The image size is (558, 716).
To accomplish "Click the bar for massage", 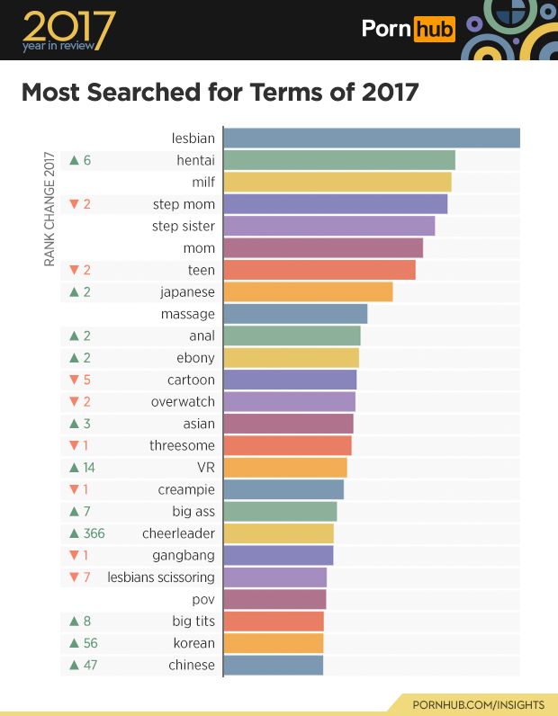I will click(x=295, y=314).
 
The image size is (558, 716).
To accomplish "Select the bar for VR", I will click(x=284, y=468).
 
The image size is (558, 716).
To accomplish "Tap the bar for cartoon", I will click(x=290, y=380).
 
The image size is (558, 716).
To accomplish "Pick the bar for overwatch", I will click(x=289, y=402).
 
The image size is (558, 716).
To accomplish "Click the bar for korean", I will click(x=273, y=643).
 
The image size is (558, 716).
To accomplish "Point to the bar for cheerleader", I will click(x=278, y=533).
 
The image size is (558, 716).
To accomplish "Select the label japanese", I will click(x=187, y=292).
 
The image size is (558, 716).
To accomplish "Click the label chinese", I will click(x=191, y=666).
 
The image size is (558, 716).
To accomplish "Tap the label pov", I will click(x=203, y=599).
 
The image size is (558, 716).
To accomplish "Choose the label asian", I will click(x=199, y=424).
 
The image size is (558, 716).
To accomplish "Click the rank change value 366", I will click(x=94, y=533).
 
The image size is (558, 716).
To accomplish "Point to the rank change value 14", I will click(x=89, y=468).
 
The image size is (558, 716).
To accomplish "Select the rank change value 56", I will click(x=89, y=643).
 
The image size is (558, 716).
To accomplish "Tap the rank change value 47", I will click(x=89, y=666).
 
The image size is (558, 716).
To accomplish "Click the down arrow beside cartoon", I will click(x=74, y=380).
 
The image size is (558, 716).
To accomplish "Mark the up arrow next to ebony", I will click(x=74, y=358).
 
